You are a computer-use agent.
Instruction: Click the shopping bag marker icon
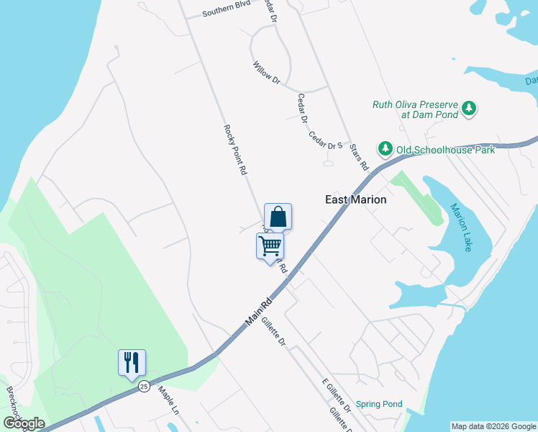click(x=278, y=216)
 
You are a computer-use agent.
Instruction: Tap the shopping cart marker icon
click(x=270, y=246)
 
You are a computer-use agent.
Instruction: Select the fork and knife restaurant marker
click(x=132, y=362)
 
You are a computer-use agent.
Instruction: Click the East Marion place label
click(x=355, y=199)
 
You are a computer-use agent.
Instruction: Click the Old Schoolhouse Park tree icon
click(x=386, y=149)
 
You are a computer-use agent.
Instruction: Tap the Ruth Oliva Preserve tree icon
click(x=469, y=109)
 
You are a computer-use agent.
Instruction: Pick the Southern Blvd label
click(x=225, y=12)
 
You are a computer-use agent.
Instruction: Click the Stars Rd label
click(x=359, y=156)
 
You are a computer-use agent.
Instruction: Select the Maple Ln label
click(x=168, y=402)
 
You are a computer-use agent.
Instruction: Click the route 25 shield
click(x=145, y=386)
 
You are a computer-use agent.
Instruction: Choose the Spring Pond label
click(x=379, y=404)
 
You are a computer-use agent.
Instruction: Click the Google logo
click(x=24, y=423)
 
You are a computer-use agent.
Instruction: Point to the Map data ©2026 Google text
click(x=493, y=426)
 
